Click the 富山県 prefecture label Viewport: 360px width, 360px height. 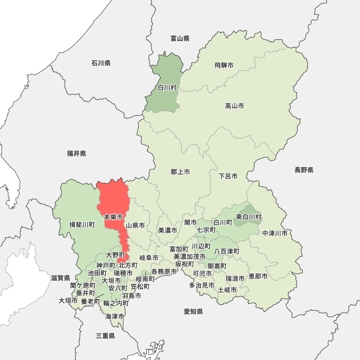(180, 39)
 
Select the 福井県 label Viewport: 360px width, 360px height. (77, 154)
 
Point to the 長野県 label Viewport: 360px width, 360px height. (304, 170)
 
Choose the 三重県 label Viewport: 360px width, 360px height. (105, 336)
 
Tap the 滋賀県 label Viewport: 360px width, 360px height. (60, 278)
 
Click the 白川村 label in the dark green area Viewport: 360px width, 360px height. (167, 87)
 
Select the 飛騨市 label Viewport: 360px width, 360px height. (224, 66)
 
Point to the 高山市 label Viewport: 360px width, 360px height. (234, 106)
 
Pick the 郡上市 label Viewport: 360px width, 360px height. (180, 172)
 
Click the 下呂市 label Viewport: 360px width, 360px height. (228, 176)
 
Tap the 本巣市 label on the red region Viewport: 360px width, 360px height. (113, 217)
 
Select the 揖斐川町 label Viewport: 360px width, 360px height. (82, 225)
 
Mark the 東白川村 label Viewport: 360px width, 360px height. (249, 217)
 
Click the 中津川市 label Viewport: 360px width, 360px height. (275, 233)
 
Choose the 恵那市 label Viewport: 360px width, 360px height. (258, 276)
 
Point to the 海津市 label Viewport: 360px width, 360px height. (115, 317)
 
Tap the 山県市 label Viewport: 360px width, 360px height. (135, 226)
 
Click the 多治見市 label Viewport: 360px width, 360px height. (202, 285)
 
